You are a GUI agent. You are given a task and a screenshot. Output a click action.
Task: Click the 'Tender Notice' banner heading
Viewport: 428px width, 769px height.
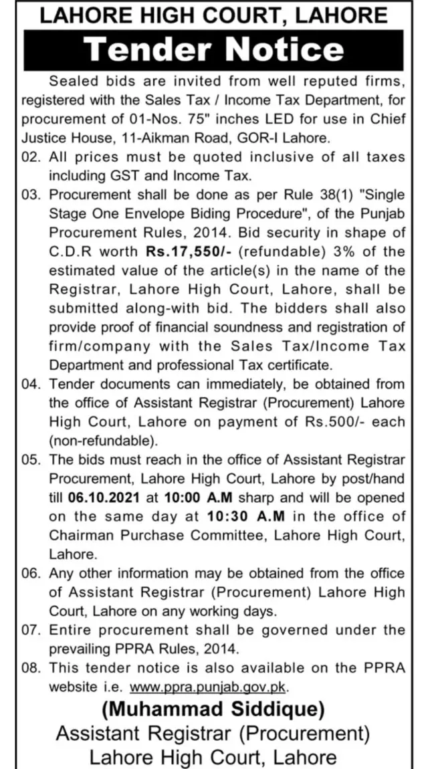coord(215,49)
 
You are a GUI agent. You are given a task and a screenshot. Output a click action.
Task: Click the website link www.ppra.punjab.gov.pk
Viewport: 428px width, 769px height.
coord(211,687)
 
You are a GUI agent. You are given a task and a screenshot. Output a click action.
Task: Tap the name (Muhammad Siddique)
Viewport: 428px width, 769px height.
coord(214,709)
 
